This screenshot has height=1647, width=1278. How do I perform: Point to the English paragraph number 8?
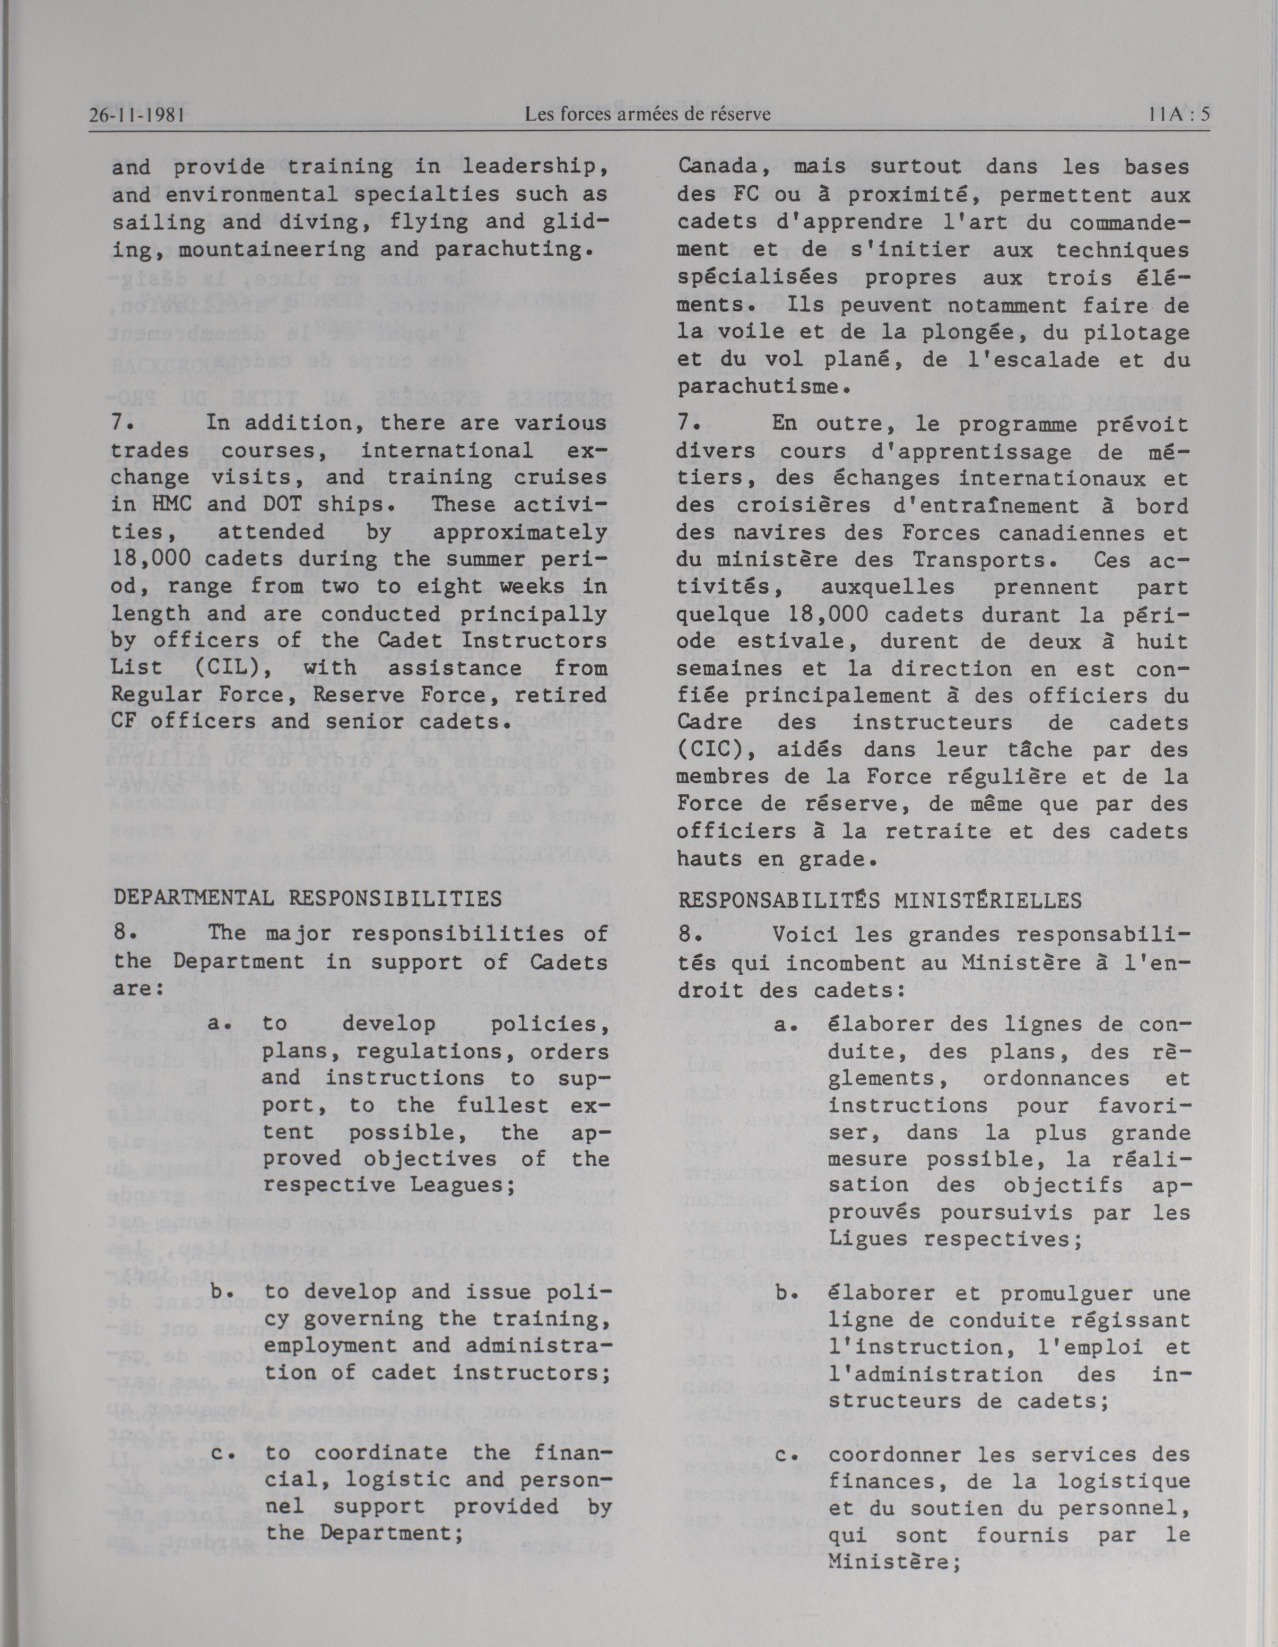click(123, 934)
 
